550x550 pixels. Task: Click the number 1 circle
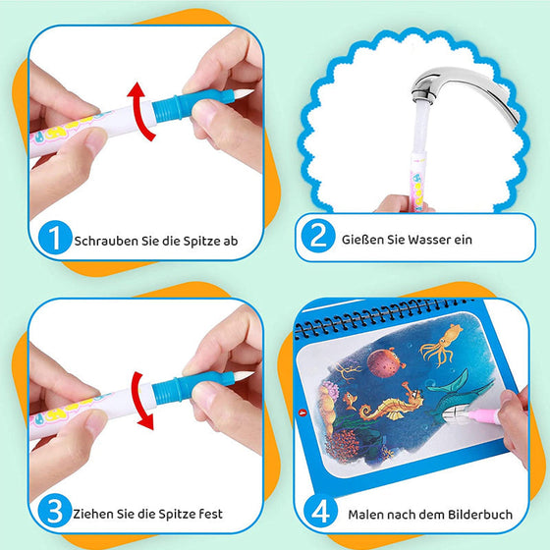(56, 238)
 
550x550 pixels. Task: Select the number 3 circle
(56, 512)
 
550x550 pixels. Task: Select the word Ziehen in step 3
(94, 513)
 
